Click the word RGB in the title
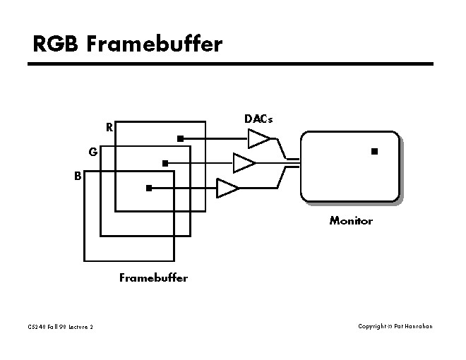pyautogui.click(x=56, y=44)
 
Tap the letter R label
pyautogui.click(x=109, y=128)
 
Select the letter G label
pyautogui.click(x=92, y=152)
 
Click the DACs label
pyautogui.click(x=258, y=119)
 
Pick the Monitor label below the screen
pyautogui.click(x=351, y=221)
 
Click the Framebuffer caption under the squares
pyautogui.click(x=153, y=277)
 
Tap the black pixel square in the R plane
pyautogui.click(x=180, y=138)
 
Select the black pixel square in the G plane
pyautogui.click(x=165, y=163)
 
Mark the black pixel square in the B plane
pyautogui.click(x=149, y=188)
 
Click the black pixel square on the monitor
pyautogui.click(x=374, y=151)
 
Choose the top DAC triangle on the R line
pyautogui.click(x=259, y=139)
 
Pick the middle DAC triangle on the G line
pyautogui.click(x=244, y=164)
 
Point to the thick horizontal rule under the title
pyautogui.click(x=230, y=64)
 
